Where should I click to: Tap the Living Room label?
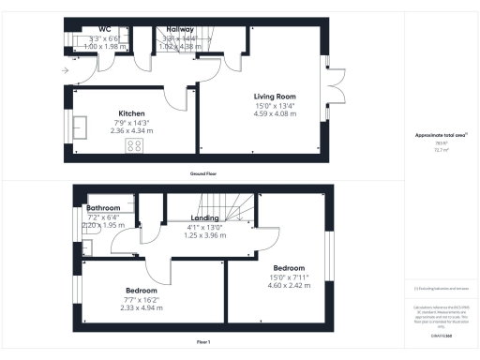click(x=275, y=97)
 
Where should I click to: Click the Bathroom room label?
click(x=104, y=208)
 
